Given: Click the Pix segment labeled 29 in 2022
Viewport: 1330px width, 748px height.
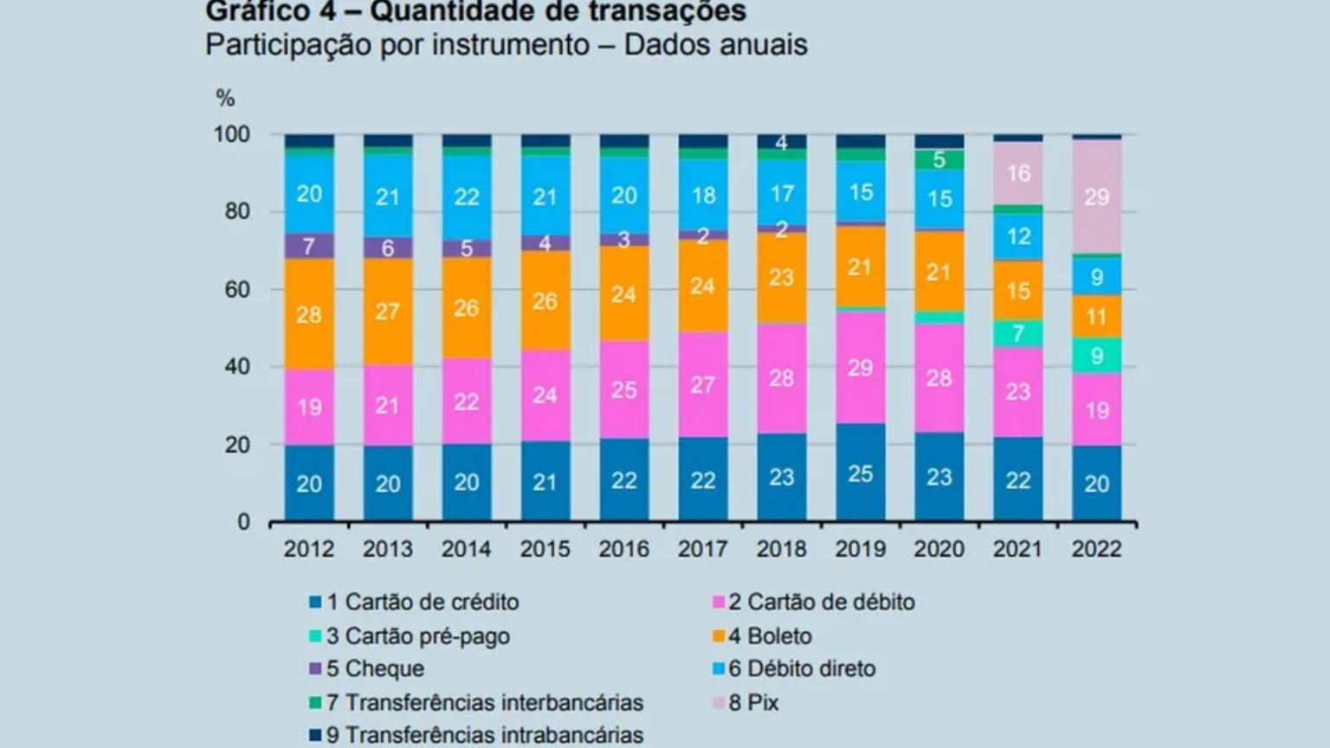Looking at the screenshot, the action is [1097, 197].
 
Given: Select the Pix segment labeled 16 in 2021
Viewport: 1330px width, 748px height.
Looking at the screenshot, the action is [1017, 173].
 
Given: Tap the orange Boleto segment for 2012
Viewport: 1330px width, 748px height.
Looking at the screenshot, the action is [309, 314].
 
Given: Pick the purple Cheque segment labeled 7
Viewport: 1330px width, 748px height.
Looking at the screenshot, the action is [309, 246].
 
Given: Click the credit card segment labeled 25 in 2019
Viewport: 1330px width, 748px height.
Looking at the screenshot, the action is [861, 473].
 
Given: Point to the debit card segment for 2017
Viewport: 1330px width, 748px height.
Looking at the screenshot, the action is [703, 384].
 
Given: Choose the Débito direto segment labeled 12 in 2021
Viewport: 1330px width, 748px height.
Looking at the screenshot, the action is [1017, 237].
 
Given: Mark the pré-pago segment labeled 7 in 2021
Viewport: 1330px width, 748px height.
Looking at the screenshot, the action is [1017, 333].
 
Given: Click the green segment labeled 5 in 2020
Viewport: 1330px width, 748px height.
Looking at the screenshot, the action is [939, 159].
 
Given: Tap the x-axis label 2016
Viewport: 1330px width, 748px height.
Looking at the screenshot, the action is [624, 549].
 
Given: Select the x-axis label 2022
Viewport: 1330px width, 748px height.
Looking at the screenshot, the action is [1097, 549].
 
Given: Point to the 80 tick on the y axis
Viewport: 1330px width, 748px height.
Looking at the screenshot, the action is [237, 212].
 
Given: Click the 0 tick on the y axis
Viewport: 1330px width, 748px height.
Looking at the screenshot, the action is [244, 522].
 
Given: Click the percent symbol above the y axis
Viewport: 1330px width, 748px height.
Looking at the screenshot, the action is [225, 98].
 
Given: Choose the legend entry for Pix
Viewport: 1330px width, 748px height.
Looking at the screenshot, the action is [746, 702].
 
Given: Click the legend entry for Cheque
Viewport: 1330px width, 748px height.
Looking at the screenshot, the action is [367, 668].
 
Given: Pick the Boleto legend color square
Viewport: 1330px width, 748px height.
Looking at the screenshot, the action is [719, 636].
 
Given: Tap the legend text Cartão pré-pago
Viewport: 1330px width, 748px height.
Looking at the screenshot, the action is [428, 635].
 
